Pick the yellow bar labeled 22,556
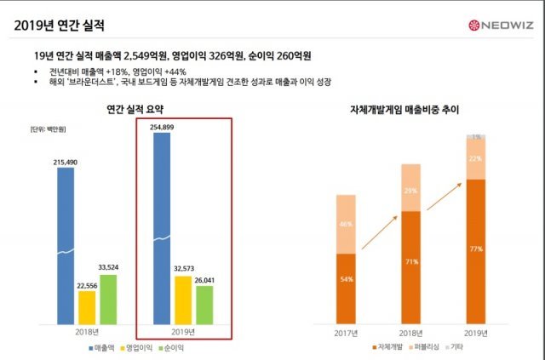[87, 306]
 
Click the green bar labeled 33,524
[108, 299]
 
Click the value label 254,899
[162, 127]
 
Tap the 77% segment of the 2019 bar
[476, 251]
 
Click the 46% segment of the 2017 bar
[346, 224]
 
